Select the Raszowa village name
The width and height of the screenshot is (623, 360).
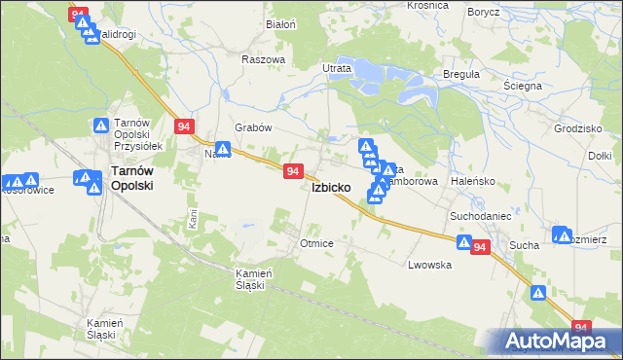click(x=263, y=58)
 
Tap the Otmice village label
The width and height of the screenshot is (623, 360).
click(x=317, y=243)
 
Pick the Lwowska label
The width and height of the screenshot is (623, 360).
click(x=429, y=265)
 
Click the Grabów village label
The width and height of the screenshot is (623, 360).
click(x=253, y=127)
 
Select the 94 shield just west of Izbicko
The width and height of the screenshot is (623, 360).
click(x=293, y=171)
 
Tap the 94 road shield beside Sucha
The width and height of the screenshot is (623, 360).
click(x=479, y=248)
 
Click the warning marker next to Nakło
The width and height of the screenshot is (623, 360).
click(x=223, y=150)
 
